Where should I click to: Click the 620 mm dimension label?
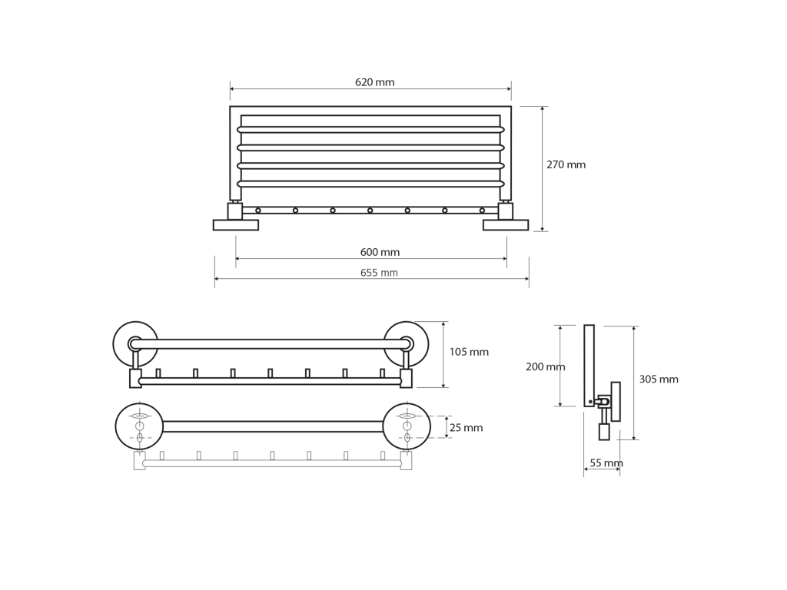[375, 82]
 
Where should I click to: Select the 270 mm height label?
[566, 164]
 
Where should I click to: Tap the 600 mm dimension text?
[380, 252]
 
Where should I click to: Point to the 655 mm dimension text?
[379, 273]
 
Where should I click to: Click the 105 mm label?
[469, 352]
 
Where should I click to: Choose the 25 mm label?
[467, 428]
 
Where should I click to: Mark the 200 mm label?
[545, 366]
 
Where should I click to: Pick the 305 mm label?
[659, 380]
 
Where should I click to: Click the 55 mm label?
[606, 463]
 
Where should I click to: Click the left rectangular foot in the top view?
[236, 225]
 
